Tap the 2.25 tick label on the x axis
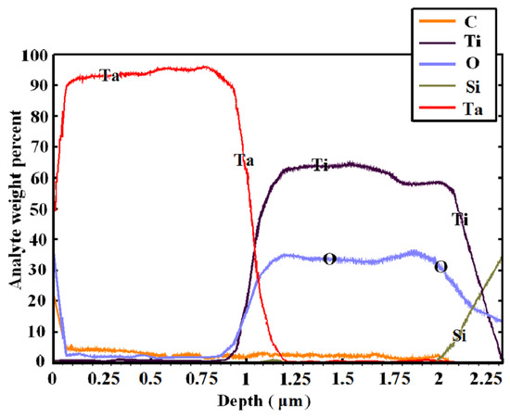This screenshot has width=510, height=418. (x=486, y=379)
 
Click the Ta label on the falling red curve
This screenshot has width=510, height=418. (x=243, y=161)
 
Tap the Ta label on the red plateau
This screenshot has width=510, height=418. (x=109, y=76)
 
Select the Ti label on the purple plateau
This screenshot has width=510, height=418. (x=320, y=165)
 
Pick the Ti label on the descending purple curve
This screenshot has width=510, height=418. (x=460, y=220)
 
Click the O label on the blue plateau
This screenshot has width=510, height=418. (x=328, y=259)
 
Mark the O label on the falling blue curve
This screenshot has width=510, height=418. (x=440, y=267)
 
